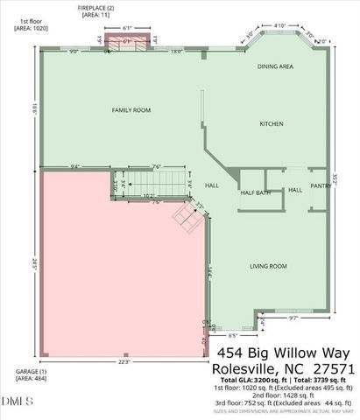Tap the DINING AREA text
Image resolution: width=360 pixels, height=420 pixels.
276,66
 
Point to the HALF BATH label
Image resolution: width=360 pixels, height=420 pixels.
254,194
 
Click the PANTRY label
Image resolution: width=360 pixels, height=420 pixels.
320,185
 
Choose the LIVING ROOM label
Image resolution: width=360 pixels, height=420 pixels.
269,266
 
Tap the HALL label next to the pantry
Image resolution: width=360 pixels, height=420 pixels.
295,190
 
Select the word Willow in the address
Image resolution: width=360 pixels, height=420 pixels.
300,353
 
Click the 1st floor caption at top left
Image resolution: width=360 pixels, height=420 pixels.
28,22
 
